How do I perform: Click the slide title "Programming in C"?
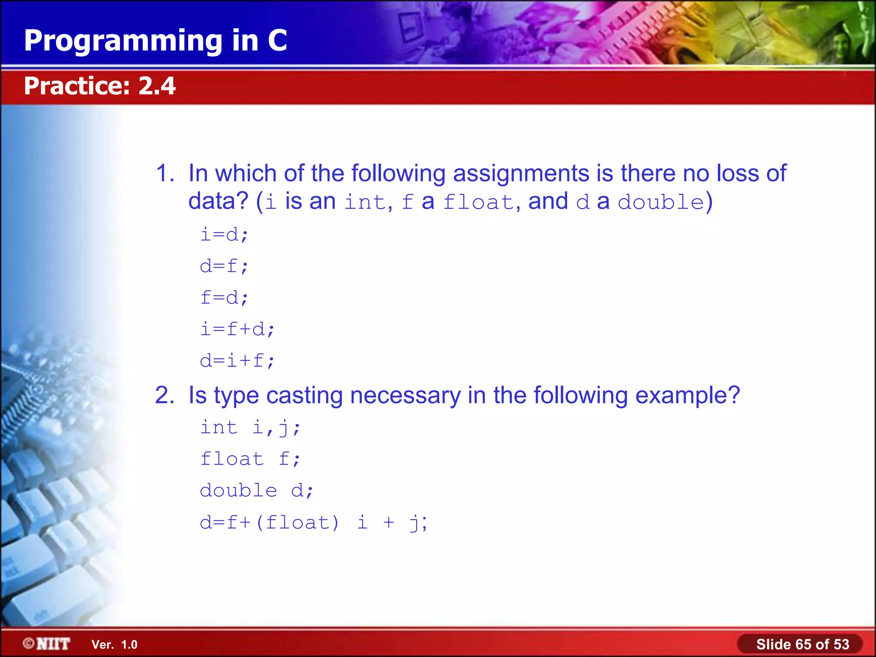(155, 41)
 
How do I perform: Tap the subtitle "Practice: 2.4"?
(100, 86)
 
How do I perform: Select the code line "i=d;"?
(224, 235)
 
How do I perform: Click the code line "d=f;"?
(224, 266)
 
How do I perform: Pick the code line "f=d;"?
(224, 298)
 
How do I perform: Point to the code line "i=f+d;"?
(237, 329)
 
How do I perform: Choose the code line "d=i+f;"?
(237, 361)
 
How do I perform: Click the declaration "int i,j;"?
(251, 428)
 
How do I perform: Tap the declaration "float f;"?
(251, 459)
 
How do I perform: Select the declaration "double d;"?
(257, 491)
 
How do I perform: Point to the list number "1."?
(165, 174)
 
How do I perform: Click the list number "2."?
(165, 396)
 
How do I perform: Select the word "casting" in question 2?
(304, 396)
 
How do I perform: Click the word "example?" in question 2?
(687, 396)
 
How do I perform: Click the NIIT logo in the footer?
(47, 644)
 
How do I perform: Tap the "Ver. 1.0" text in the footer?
(115, 645)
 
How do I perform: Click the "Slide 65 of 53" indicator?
(802, 644)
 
